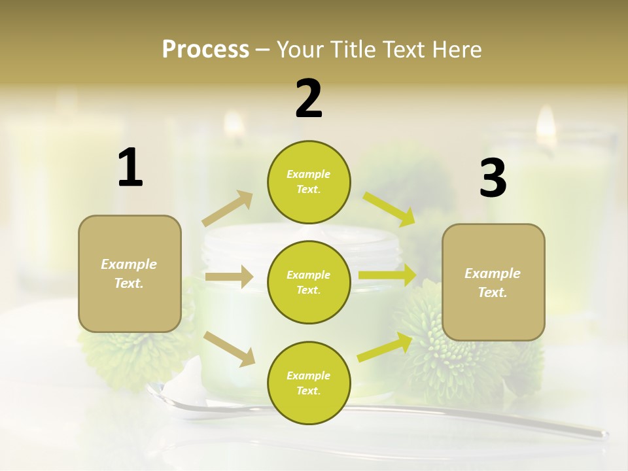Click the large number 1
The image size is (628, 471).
coord(130,168)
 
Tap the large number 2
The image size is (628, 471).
coord(309,99)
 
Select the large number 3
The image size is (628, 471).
coord(493,179)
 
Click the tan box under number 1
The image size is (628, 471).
coord(130,273)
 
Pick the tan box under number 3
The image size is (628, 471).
coord(493,282)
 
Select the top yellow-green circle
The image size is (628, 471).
coord(309,182)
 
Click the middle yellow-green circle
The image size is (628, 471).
coord(309,282)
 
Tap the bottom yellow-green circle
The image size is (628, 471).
coord(309,383)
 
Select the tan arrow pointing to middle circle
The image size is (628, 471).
coord(229,277)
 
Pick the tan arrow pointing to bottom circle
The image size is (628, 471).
coord(230,349)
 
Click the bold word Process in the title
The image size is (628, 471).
coord(205,49)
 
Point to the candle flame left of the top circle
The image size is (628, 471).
coord(234,122)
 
